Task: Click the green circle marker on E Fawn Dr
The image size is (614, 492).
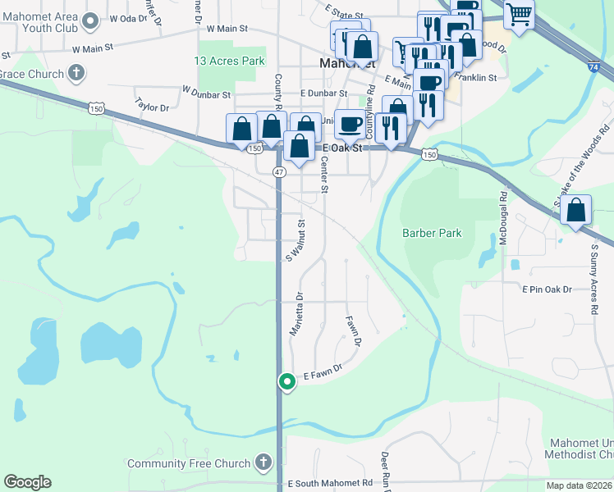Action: [x=287, y=381]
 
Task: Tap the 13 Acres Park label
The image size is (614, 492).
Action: [x=229, y=61]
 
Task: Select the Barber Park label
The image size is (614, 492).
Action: [x=432, y=233]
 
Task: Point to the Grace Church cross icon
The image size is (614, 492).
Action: [x=76, y=74]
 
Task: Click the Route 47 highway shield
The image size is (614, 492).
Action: [x=279, y=171]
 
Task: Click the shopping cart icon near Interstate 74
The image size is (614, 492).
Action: [x=518, y=13]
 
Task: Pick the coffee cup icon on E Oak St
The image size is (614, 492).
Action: [x=351, y=124]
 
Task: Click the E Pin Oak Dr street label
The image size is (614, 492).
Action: [x=557, y=289]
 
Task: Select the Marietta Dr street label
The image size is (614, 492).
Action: [x=296, y=314]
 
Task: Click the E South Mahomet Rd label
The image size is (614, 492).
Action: [x=331, y=483]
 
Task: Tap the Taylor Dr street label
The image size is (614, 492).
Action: [x=151, y=107]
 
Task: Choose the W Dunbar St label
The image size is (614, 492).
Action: [x=207, y=93]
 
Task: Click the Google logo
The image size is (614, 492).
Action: [x=27, y=482]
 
